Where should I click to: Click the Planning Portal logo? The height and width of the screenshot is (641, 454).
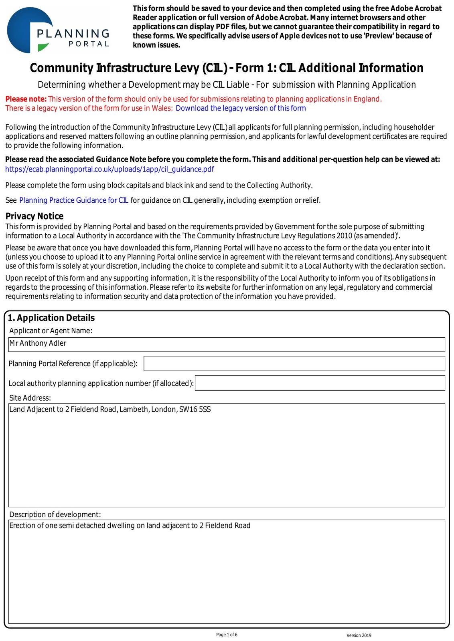[58, 30]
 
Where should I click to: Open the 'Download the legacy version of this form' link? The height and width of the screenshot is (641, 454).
[241, 108]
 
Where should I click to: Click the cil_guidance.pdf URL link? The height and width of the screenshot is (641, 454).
[109, 169]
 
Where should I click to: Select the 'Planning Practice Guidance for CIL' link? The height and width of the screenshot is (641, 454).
[74, 200]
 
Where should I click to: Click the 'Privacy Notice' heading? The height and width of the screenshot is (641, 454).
[34, 216]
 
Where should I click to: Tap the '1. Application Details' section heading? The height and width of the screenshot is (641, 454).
[51, 318]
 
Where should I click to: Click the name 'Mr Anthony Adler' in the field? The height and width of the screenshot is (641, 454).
[38, 343]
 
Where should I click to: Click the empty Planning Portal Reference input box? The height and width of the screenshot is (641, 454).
[294, 363]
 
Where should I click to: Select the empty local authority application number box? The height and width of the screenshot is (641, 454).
[320, 383]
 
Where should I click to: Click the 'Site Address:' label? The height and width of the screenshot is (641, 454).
[30, 398]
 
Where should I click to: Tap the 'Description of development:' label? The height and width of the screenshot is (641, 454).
[55, 514]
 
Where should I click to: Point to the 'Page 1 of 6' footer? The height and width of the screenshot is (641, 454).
[227, 635]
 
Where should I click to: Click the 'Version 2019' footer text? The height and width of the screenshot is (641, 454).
[359, 635]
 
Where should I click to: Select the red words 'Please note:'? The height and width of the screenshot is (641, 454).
[26, 99]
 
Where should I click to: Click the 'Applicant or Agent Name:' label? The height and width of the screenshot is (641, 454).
[51, 331]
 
